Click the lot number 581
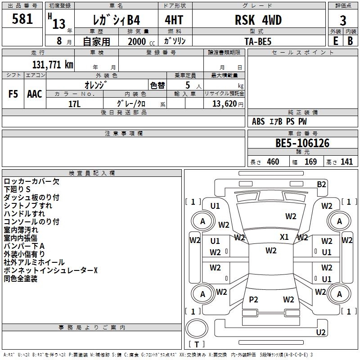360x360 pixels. coord(22,19)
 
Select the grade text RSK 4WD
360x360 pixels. coord(258,20)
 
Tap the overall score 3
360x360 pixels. coord(343,21)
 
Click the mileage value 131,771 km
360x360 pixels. coord(53,64)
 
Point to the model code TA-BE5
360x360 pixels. coord(258,41)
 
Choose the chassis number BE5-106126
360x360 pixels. coord(302,143)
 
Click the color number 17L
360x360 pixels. coord(74,104)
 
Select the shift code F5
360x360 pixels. coord(13,94)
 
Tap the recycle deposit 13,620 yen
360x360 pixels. coord(228,104)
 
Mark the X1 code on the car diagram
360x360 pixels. coord(284,237)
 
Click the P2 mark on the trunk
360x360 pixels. coord(253,299)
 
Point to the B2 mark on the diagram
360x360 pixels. coord(321,184)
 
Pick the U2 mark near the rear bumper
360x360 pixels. coord(321,332)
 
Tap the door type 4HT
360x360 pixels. coord(174,20)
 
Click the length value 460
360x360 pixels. coord(273,162)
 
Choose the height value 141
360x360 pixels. coord(346,162)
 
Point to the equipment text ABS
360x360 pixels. coord(258,121)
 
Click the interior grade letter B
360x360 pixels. coord(350,41)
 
